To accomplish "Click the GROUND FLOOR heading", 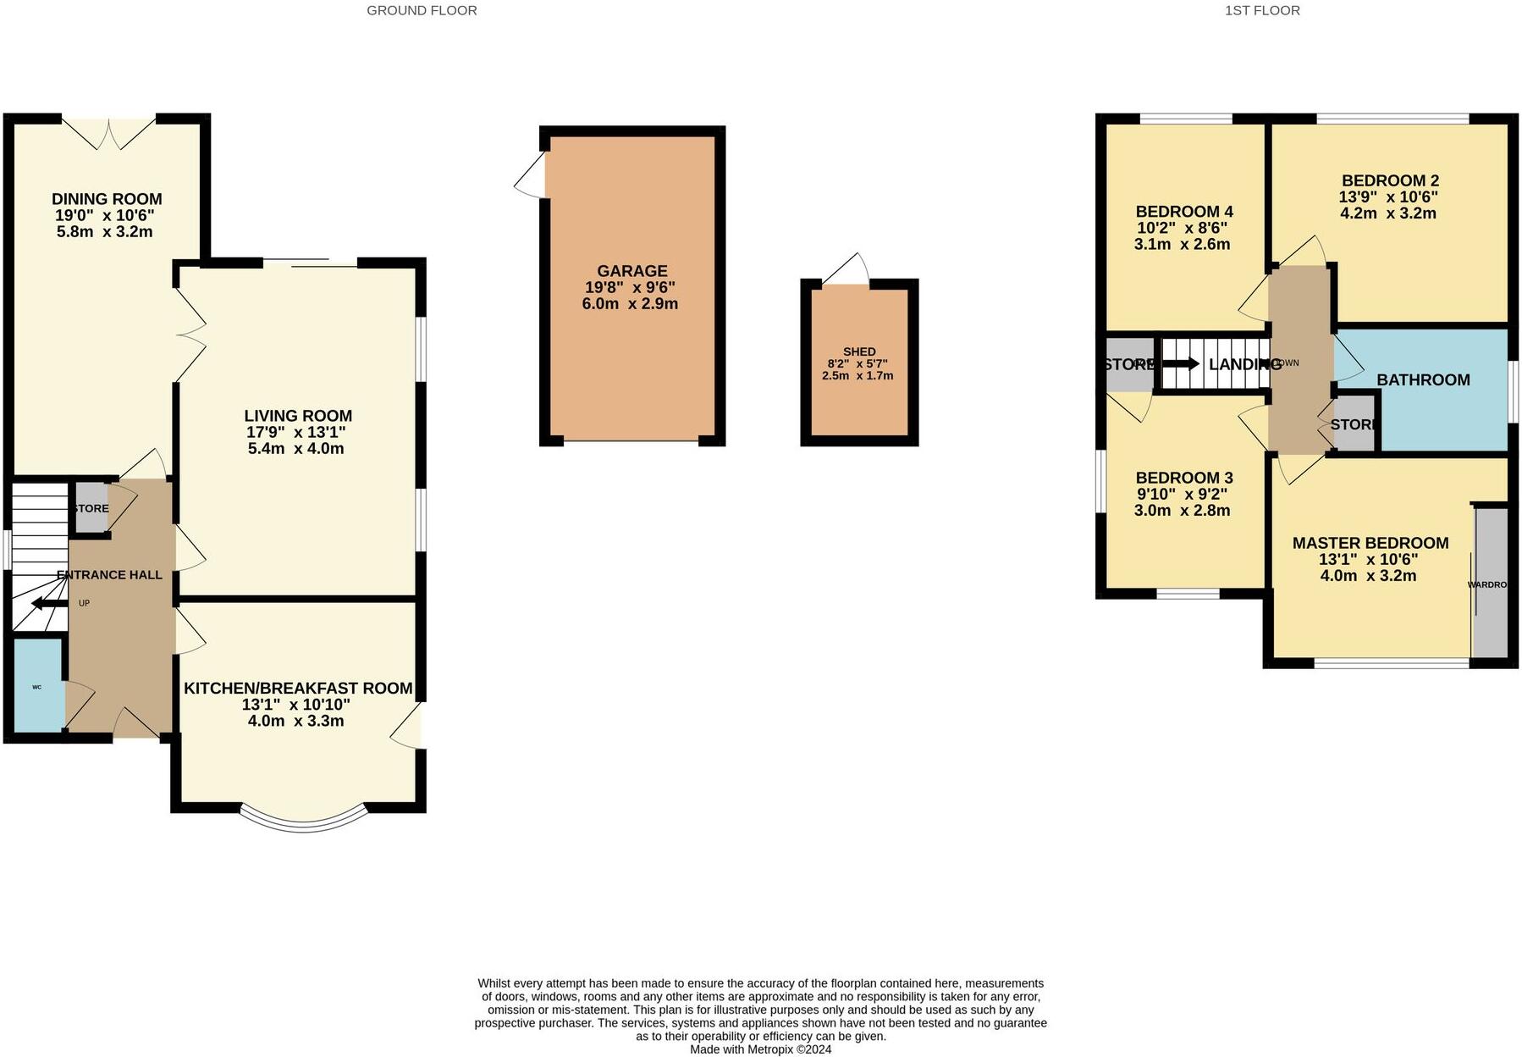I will click(422, 11).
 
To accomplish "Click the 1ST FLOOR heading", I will click(1261, 11).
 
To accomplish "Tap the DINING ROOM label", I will click(106, 199).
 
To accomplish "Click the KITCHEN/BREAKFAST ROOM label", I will click(298, 689).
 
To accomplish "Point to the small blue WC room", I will click(38, 686).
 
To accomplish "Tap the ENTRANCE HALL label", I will click(109, 575).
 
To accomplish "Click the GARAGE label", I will click(631, 271).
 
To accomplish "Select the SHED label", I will click(859, 351).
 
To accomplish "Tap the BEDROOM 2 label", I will click(1390, 180).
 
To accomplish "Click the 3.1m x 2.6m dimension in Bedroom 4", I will click(1182, 245).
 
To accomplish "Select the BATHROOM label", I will click(1423, 380).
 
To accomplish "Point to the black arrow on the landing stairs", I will click(1180, 364).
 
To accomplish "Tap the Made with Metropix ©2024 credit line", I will click(760, 1049).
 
